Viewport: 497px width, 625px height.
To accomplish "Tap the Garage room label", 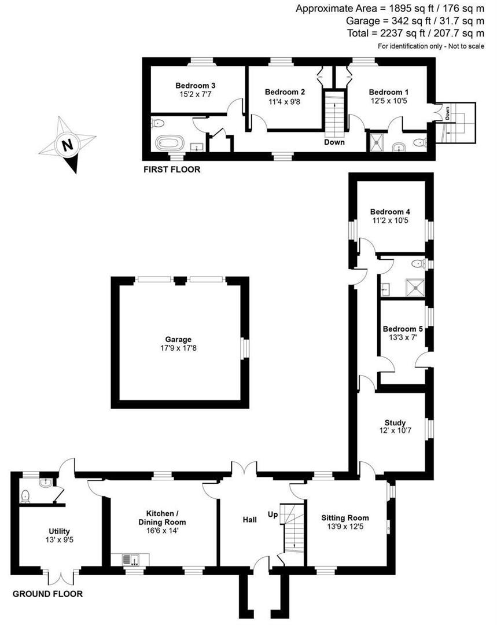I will point(178,340).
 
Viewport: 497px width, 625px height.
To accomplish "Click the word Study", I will point(395,422).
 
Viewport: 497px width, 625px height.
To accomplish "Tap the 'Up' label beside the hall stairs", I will point(273,514).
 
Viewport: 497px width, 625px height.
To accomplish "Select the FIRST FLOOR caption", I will point(173,170).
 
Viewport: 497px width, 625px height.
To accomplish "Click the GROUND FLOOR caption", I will point(47,594).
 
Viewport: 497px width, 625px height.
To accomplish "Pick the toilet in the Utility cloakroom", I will point(25,496).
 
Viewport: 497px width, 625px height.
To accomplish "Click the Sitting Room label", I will point(345,517).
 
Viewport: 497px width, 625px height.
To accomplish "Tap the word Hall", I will point(249,520).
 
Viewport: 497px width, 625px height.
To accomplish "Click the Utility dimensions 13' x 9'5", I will point(60,539).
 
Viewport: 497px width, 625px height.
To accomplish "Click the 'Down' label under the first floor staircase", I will point(334,142).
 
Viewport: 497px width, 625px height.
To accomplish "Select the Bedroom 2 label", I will point(285,91).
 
